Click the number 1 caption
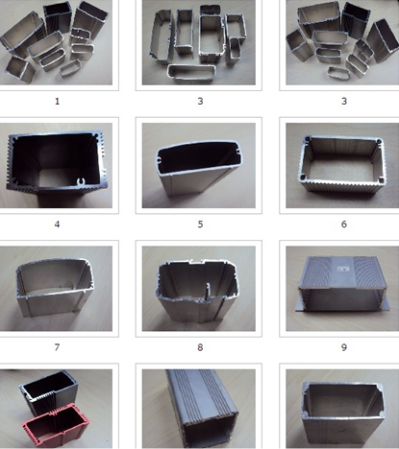pyautogui.click(x=57, y=102)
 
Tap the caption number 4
pyautogui.click(x=57, y=224)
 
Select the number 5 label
pyautogui.click(x=200, y=224)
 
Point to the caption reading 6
pyautogui.click(x=344, y=224)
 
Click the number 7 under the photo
pyautogui.click(x=57, y=347)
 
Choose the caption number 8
pyautogui.click(x=200, y=347)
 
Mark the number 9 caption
pyautogui.click(x=344, y=347)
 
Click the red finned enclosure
pyautogui.click(x=56, y=425)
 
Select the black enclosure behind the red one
pyautogui.click(x=48, y=391)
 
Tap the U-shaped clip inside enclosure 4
pyautogui.click(x=82, y=181)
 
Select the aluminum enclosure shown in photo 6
pyautogui.click(x=342, y=164)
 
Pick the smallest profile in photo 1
pyautogui.click(x=70, y=68)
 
